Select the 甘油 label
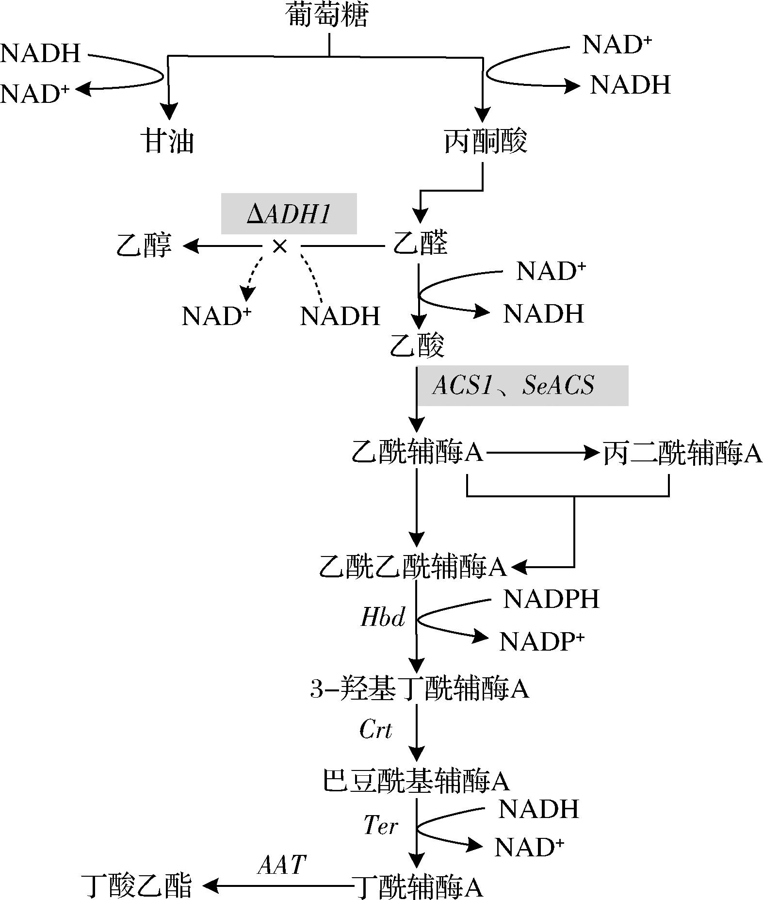tap(167, 141)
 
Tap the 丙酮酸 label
tap(486, 141)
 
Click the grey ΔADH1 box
tap(289, 213)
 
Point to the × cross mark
tap(280, 247)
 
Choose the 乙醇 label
tap(144, 245)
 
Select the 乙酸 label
tap(418, 345)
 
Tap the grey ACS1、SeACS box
tap(522, 386)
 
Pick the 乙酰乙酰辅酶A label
tap(413, 566)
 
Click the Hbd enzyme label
tap(383, 618)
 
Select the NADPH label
tap(551, 599)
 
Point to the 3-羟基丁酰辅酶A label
tap(420, 688)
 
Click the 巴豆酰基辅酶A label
tap(416, 781)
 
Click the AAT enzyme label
tap(282, 865)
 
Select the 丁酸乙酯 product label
tap(136, 885)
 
